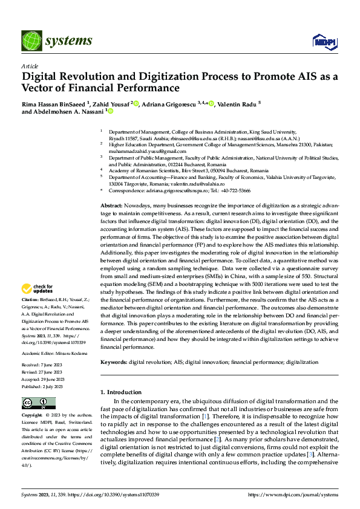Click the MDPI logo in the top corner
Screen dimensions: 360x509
point(324,41)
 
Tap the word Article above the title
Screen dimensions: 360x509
point(30,66)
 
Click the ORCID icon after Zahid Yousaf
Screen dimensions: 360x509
point(137,103)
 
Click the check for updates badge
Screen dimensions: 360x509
point(38,289)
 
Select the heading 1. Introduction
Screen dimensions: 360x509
point(121,392)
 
